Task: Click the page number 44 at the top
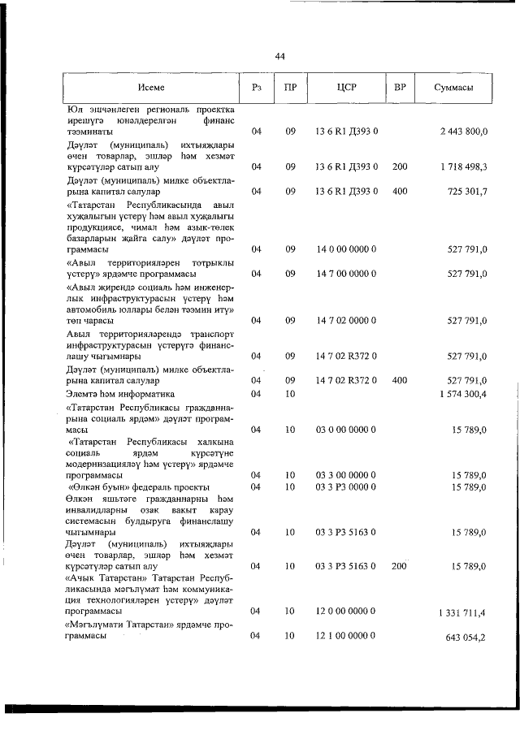pos(279,56)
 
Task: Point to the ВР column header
pos(399,86)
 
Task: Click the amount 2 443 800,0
pos(463,132)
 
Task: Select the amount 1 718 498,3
pos(463,166)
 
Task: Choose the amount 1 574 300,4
pos(463,393)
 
